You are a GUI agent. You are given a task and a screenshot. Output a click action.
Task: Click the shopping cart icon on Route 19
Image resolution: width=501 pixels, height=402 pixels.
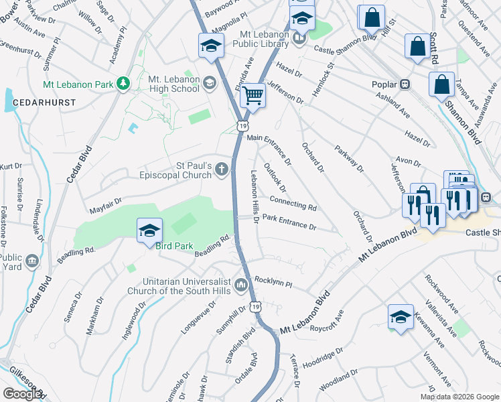click(x=253, y=96)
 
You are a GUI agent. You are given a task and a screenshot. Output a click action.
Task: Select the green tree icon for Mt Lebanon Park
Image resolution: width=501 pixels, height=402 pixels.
click(x=123, y=84)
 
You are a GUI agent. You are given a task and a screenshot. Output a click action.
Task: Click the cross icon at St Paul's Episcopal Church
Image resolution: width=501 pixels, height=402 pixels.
click(x=222, y=171)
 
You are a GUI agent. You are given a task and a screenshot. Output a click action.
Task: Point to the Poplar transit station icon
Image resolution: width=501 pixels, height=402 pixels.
click(x=405, y=84)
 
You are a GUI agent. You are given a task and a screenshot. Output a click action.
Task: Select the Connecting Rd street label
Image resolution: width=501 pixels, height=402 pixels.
click(x=293, y=203)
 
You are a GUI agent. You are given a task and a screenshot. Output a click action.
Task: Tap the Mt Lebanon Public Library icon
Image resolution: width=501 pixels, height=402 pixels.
click(x=299, y=38)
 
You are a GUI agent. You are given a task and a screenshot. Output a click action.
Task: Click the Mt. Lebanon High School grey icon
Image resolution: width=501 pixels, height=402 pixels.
click(x=210, y=84)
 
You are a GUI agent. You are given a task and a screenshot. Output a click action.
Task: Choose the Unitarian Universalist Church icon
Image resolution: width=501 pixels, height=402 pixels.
click(x=241, y=286)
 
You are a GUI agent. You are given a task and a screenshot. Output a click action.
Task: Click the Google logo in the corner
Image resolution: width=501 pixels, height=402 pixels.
click(x=21, y=394)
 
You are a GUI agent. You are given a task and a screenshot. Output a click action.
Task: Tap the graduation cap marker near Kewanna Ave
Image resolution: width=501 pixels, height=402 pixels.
click(x=401, y=318)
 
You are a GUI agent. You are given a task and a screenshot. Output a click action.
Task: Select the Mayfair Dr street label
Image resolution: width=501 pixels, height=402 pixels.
click(x=104, y=200)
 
